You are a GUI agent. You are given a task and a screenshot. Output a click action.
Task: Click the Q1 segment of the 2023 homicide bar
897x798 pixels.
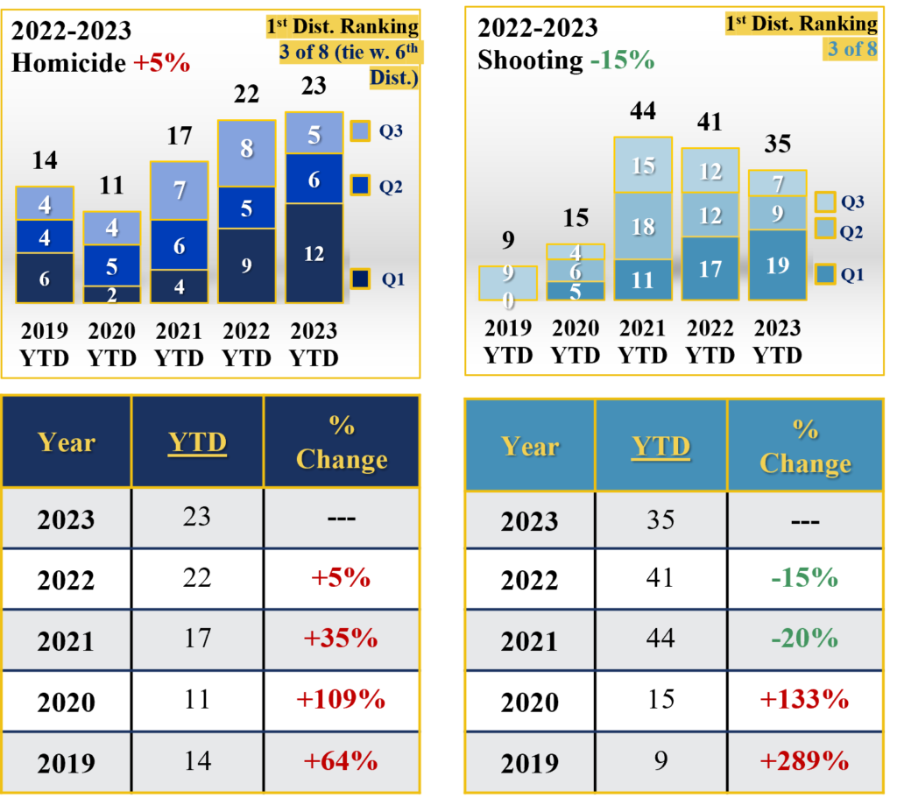[x=314, y=254]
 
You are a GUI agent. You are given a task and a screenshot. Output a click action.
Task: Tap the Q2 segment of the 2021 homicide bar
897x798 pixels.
[x=179, y=245]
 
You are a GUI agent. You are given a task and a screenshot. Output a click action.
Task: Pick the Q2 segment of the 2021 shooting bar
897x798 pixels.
[x=643, y=226]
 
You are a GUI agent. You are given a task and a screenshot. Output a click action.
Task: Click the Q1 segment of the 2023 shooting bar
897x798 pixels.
[x=777, y=265]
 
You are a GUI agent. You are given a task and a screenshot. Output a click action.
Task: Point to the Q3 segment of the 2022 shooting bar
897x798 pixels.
[x=710, y=171]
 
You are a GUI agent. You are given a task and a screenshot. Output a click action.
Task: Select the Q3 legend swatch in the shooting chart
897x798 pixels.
[x=825, y=201]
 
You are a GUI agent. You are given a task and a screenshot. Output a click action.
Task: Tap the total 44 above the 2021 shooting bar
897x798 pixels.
[x=642, y=111]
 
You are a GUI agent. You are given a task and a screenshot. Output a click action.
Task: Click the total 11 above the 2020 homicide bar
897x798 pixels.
[x=111, y=186]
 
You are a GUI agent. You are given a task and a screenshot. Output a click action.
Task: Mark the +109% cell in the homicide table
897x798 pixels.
[x=342, y=700]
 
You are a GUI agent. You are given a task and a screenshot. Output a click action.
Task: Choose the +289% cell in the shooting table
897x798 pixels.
[x=805, y=760]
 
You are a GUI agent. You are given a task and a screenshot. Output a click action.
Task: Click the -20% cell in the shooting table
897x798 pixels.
[x=805, y=639]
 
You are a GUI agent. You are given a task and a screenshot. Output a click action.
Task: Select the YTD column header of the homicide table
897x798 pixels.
[x=197, y=443]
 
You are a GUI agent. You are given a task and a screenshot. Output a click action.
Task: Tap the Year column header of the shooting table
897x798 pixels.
[x=530, y=447]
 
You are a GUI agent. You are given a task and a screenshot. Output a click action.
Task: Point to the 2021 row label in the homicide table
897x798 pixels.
[x=66, y=640]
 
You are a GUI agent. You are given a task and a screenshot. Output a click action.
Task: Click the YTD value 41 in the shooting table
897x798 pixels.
[x=660, y=578]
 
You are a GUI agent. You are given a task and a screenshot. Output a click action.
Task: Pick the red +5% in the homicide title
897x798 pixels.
[x=162, y=63]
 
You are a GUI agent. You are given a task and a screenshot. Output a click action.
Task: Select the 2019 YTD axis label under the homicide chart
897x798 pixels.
[x=44, y=344]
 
